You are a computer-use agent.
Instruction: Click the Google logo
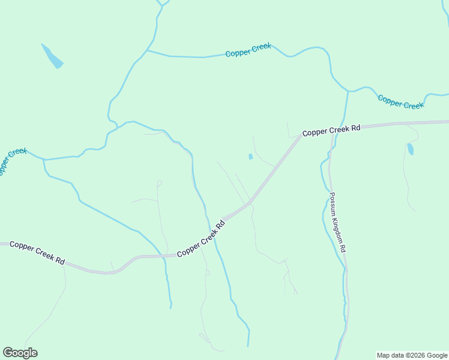click(x=20, y=353)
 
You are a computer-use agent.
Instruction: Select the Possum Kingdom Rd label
click(x=337, y=222)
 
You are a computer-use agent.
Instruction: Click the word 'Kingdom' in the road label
click(x=338, y=224)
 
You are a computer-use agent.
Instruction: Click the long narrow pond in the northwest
click(x=52, y=56)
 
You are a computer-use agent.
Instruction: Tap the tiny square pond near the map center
click(x=250, y=157)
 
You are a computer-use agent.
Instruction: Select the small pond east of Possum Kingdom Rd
click(x=411, y=149)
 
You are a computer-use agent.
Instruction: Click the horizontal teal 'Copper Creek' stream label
click(x=248, y=50)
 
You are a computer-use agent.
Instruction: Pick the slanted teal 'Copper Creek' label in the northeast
click(x=400, y=101)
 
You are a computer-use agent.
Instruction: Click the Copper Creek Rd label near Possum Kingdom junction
click(x=331, y=130)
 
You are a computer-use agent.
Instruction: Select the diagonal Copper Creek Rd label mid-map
click(x=201, y=239)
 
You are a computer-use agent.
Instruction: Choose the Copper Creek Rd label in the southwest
click(x=37, y=253)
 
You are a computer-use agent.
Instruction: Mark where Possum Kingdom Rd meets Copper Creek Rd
click(x=331, y=128)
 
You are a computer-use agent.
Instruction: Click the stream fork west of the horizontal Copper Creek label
click(x=147, y=50)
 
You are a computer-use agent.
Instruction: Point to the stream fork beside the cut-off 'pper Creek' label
click(x=44, y=160)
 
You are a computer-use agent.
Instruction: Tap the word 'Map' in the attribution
click(x=384, y=355)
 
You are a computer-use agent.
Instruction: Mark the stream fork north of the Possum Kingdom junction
click(x=348, y=91)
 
